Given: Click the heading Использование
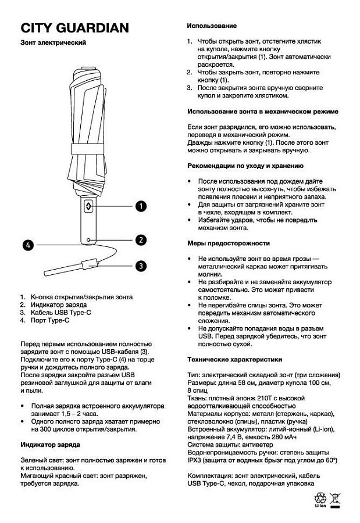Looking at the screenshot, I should tap(211, 27).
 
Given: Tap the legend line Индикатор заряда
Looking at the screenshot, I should tap(58, 304).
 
